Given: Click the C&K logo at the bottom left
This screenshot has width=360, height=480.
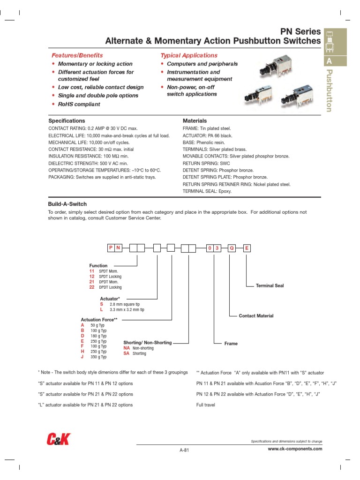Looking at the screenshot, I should click(x=59, y=439).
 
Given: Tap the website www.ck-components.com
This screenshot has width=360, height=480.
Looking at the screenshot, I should click(x=295, y=449).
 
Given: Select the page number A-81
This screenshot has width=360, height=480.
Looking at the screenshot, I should click(x=184, y=450).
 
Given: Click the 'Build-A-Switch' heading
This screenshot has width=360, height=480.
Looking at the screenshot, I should click(x=67, y=204).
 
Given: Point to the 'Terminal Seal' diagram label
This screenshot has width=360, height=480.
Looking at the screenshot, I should click(x=270, y=285).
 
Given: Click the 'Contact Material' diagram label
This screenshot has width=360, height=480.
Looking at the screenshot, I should click(x=256, y=316).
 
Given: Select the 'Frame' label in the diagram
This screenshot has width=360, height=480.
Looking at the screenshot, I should click(x=231, y=344).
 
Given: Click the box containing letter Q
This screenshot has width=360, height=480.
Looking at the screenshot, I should click(x=231, y=248).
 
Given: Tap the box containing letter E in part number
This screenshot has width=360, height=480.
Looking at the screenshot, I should click(x=247, y=248).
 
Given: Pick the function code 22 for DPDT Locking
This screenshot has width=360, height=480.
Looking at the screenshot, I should click(x=92, y=287).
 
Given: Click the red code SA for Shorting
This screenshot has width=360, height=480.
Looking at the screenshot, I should click(x=126, y=354).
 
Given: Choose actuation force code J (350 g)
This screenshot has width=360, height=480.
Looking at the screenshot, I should click(x=82, y=357).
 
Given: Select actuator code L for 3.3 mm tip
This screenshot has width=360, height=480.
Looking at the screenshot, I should click(x=102, y=310).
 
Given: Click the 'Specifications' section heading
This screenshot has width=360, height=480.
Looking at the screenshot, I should click(x=67, y=121).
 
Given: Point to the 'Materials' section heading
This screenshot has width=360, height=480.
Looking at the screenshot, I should click(x=195, y=121).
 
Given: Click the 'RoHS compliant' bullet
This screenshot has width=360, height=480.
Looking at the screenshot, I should click(x=79, y=104).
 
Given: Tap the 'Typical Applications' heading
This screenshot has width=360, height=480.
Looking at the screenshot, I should click(x=189, y=55).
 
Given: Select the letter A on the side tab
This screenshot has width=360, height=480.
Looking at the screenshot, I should click(x=329, y=61).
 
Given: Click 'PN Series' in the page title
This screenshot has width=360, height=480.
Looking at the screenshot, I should click(x=300, y=32).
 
